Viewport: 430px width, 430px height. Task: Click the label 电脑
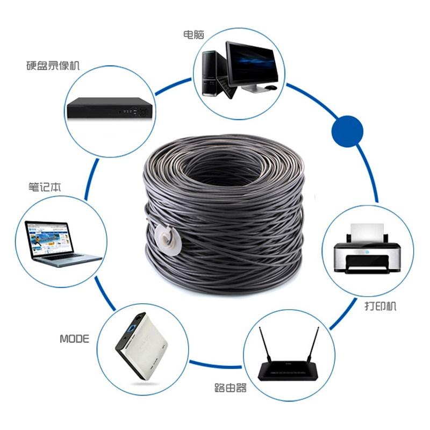pos(193,34)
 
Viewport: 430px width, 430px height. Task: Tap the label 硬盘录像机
pos(53,66)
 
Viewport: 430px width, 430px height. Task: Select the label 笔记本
pos(45,188)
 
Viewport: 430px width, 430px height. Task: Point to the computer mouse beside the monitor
pos(271,87)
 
